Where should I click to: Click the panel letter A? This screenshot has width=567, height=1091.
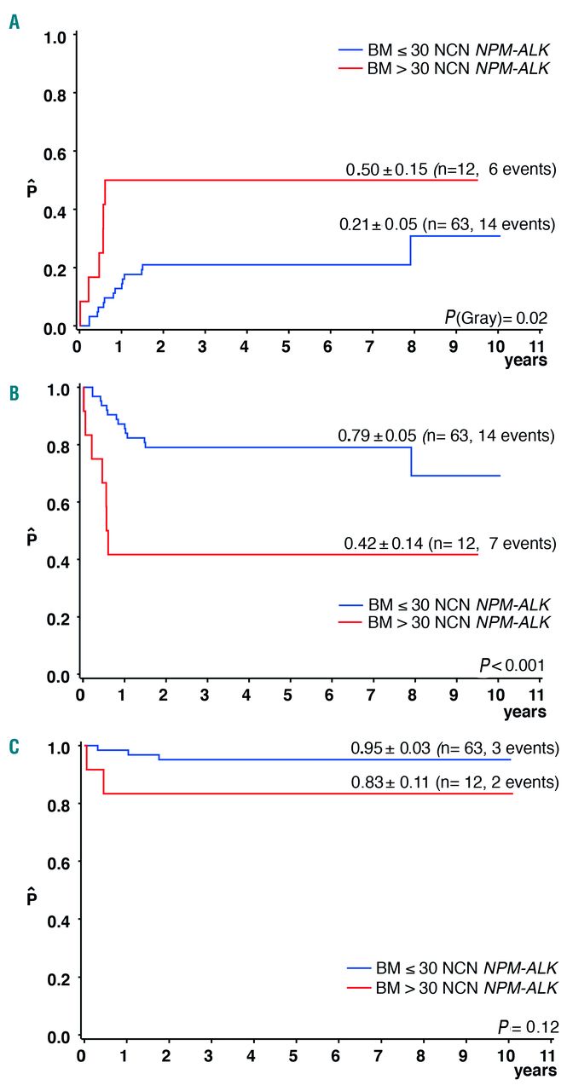click(14, 22)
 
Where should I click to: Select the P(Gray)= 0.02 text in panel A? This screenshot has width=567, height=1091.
click(495, 317)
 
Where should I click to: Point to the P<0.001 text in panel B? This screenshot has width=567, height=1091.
click(512, 664)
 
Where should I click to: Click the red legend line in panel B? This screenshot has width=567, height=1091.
click(358, 622)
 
